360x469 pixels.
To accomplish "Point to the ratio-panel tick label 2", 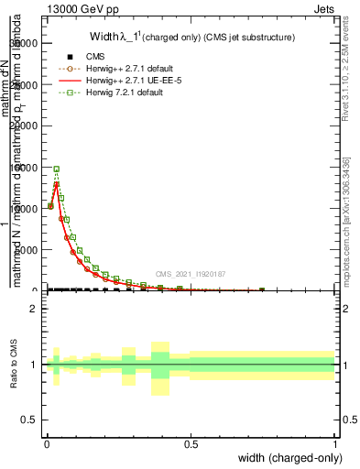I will point(34,309).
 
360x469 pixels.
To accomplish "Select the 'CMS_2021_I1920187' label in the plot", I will point(191,274).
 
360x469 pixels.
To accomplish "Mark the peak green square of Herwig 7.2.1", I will point(56,169).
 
